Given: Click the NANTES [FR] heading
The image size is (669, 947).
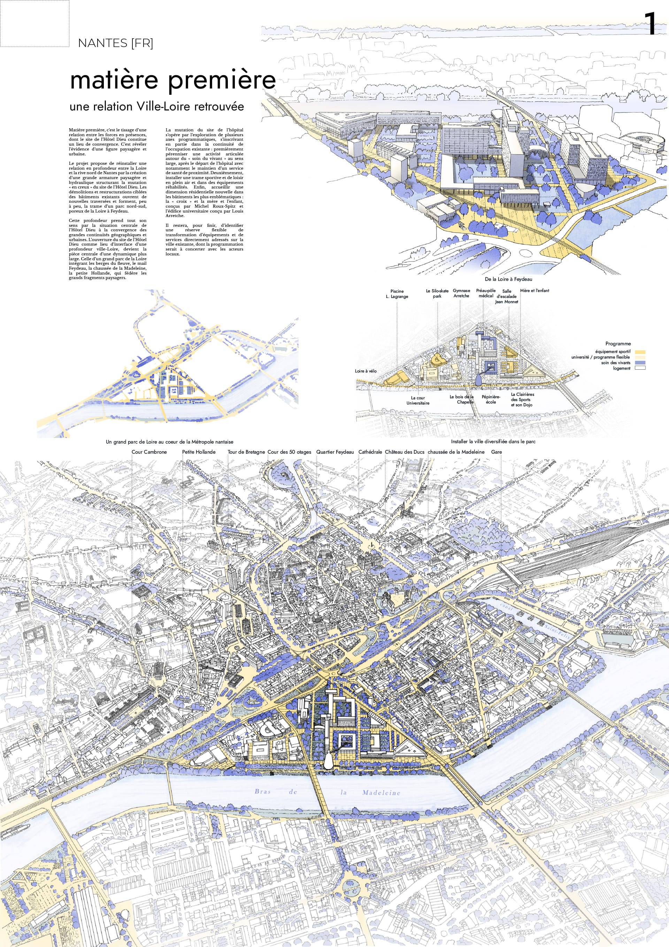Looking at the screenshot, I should point(115,43).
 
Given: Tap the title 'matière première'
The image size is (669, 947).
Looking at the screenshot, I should point(173,80).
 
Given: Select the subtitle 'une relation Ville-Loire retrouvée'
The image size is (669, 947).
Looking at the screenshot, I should point(157,106).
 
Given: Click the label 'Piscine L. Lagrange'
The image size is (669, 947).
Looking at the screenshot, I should point(397,294).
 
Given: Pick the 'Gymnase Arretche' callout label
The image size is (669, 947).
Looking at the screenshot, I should point(461,293).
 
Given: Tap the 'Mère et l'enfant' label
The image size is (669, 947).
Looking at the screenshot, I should point(535,290).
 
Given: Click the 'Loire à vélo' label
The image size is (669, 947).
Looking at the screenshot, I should point(366,371).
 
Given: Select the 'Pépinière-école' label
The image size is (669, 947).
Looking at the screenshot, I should point(491,399).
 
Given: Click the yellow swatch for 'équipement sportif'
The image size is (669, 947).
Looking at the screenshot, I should point(640,352).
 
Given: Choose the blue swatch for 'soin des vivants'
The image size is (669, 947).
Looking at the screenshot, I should point(640,363).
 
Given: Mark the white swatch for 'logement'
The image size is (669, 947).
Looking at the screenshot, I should point(640,368).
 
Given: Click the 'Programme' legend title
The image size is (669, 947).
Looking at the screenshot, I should point(618,344).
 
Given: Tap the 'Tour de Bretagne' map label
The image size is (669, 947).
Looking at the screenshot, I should point(246,452).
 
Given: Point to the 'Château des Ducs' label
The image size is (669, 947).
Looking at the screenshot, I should point(404,452).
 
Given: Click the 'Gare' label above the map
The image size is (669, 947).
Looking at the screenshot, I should point(496,452).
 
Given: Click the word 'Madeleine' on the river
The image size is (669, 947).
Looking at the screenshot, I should point(381,792).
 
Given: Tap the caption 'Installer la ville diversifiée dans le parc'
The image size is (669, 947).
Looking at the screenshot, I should point(493,441).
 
